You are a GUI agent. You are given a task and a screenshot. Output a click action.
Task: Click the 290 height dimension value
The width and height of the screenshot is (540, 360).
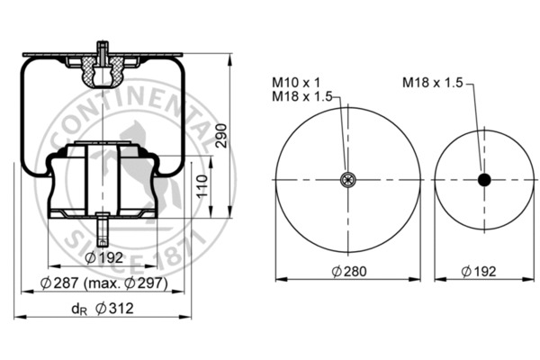221,136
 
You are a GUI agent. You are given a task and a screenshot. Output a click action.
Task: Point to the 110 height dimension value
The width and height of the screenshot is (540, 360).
202,186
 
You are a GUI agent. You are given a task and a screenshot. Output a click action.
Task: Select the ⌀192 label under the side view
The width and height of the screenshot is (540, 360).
103,257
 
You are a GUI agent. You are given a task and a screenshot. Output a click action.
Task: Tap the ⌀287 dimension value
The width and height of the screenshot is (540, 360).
59,283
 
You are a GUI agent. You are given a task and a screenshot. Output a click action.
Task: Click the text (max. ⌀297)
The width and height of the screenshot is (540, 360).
126,283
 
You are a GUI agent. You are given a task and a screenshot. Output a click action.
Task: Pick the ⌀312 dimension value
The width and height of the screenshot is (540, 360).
114,309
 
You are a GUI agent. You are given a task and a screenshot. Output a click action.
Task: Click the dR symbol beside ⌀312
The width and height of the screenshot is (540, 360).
79,310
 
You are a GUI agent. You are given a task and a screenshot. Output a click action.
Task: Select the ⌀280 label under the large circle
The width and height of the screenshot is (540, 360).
349,272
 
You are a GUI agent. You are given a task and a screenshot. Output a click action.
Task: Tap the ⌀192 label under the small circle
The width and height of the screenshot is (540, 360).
479,272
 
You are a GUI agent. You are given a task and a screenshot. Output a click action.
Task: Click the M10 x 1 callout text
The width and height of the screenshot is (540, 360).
296,83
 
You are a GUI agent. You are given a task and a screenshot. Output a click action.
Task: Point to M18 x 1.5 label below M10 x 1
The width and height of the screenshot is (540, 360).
302,96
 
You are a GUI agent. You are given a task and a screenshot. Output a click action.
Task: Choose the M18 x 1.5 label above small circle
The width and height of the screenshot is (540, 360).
433,83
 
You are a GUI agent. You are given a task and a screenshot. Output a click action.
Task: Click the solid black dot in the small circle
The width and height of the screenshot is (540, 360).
484,180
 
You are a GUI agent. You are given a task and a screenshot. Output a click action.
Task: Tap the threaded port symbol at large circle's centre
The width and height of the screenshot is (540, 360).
347,179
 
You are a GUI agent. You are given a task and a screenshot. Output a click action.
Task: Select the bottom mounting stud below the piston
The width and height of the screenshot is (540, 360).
103,230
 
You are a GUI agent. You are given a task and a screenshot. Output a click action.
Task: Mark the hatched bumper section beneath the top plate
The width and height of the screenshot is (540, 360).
103,72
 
